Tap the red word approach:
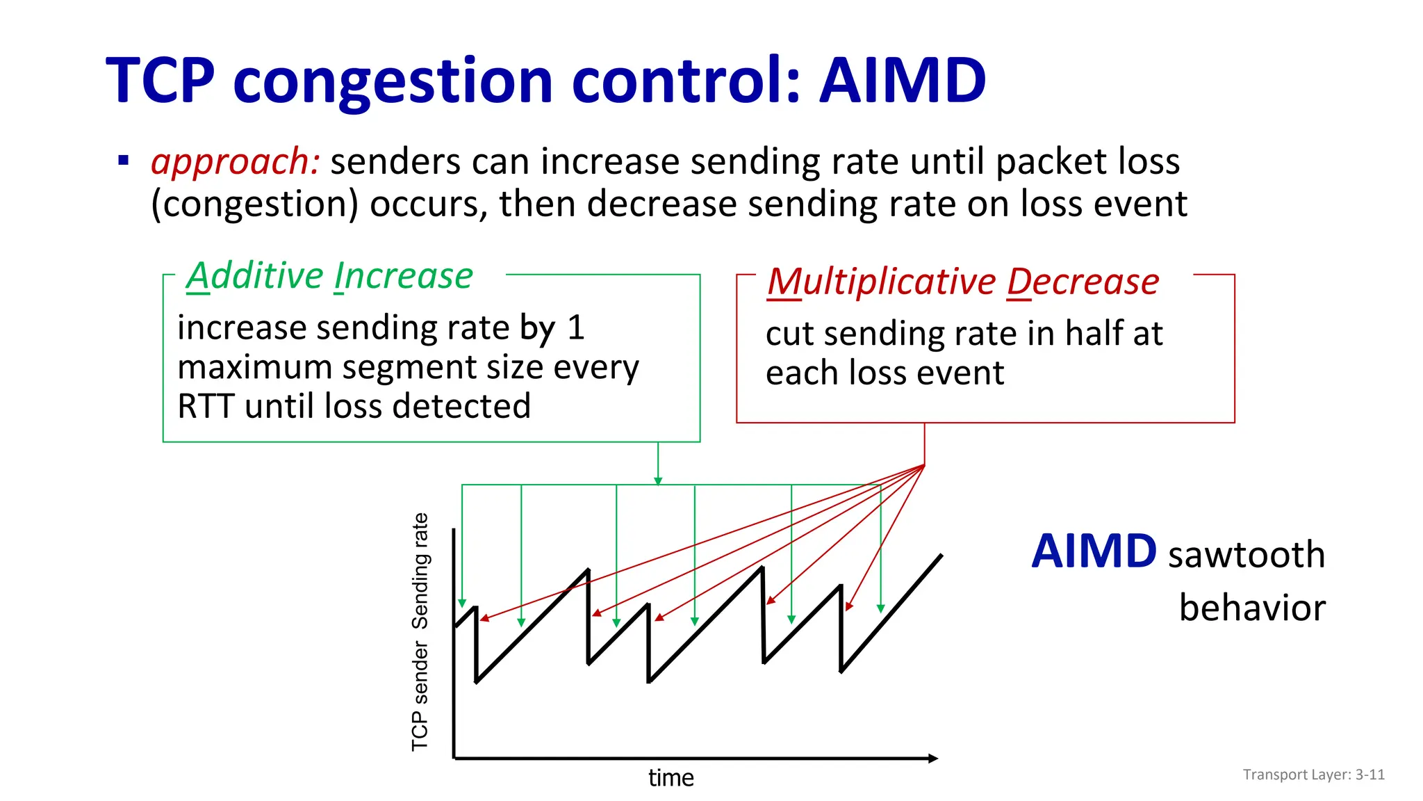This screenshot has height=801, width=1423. (235, 162)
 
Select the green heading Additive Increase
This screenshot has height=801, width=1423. (329, 276)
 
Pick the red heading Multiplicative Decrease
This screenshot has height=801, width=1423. (963, 282)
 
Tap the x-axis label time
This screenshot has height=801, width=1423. (671, 777)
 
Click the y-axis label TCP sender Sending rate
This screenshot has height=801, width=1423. (420, 631)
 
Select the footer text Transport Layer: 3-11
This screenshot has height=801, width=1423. (1313, 775)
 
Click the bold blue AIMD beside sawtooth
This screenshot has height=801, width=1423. (1093, 552)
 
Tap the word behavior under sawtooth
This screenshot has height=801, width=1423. (1252, 608)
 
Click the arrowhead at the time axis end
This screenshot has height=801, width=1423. (933, 759)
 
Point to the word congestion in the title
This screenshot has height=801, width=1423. (393, 82)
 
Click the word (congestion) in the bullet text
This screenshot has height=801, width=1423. (255, 205)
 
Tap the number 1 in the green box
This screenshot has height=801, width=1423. (575, 327)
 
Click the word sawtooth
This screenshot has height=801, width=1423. (1247, 555)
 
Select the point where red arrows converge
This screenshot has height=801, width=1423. (924, 465)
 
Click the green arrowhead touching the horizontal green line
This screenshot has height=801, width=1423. (658, 480)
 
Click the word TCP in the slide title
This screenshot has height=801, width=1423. (161, 81)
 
